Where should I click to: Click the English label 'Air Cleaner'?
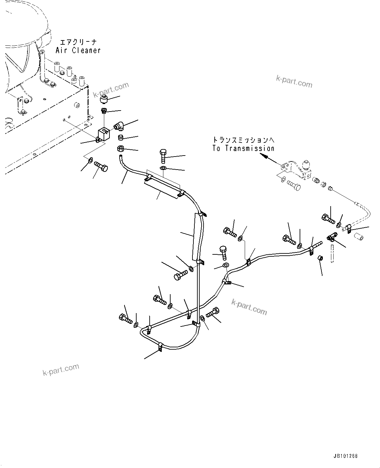point(78,50)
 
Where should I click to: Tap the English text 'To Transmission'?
point(243,148)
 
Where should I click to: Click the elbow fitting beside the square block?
point(118,125)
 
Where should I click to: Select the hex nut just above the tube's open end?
point(120,149)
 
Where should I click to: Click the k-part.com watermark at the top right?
point(294,82)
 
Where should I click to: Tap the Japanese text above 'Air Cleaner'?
point(78,42)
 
